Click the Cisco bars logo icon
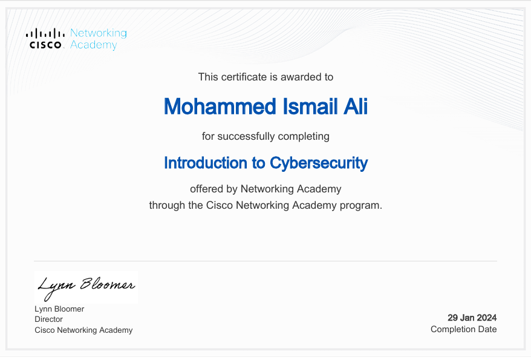(x=45, y=33)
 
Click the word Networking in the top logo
(x=99, y=33)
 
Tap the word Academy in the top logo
(x=93, y=45)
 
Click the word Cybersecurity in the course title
(x=319, y=163)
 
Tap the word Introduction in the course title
(x=198, y=163)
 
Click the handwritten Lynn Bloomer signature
(x=86, y=286)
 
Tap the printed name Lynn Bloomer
(x=59, y=309)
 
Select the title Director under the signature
(x=48, y=319)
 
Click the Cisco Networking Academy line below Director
(x=83, y=330)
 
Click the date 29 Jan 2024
(x=472, y=318)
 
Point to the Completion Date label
(x=463, y=330)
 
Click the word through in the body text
(x=167, y=205)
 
